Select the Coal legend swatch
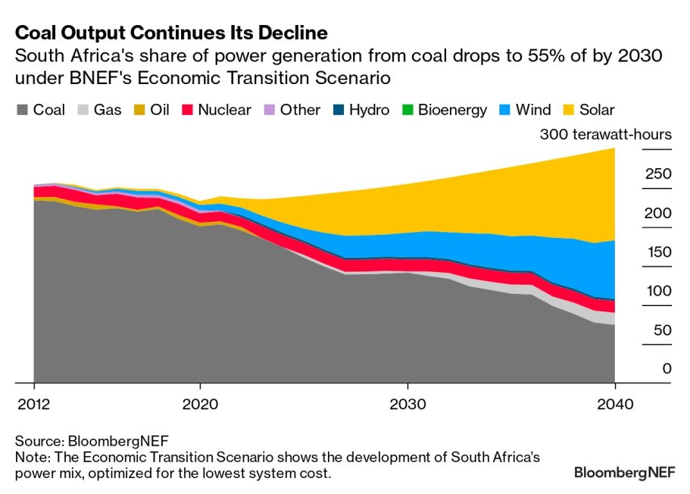coord(21,111)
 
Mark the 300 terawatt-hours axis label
coord(605,135)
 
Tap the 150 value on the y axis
coord(658,252)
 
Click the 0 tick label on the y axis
coord(667,369)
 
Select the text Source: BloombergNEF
coord(92,441)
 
